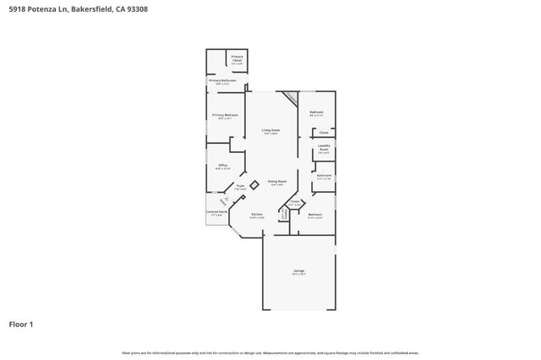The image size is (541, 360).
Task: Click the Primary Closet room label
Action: pyautogui.click(x=238, y=58)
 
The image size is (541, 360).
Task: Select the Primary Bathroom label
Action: pyautogui.click(x=222, y=81)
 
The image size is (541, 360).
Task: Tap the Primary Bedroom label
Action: pyautogui.click(x=225, y=115)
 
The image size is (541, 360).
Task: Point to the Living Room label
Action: pyautogui.click(x=270, y=130)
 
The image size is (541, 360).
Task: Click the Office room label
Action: pyautogui.click(x=222, y=166)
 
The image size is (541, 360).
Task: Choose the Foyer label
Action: pyautogui.click(x=240, y=185)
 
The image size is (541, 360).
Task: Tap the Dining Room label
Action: pyautogui.click(x=277, y=182)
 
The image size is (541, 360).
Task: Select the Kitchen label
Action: pyautogui.click(x=257, y=215)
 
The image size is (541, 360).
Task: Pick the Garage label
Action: pyautogui.click(x=298, y=272)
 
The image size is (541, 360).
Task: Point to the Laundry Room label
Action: pyautogui.click(x=324, y=148)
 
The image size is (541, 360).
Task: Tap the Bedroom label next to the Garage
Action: pyautogui.click(x=314, y=215)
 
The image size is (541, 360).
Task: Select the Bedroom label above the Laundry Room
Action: pyautogui.click(x=316, y=112)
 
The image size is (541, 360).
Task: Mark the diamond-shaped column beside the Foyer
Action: pyautogui.click(x=254, y=184)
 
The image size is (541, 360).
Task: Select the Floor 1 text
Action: pyautogui.click(x=20, y=324)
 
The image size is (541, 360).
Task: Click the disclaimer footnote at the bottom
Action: pyautogui.click(x=270, y=352)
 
